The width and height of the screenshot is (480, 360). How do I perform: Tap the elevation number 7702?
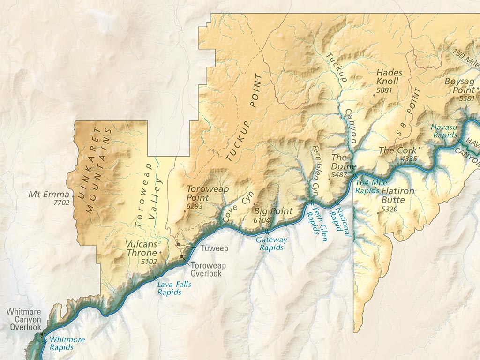coord(61,203)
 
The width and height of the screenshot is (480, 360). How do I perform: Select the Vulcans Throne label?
coord(141,249)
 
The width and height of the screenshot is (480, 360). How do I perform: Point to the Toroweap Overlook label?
coord(208,270)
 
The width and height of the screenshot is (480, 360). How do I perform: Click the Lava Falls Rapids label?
coord(170,288)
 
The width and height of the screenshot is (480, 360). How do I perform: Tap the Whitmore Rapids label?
coord(67,343)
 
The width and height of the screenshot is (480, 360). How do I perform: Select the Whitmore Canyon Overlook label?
coord(23,319)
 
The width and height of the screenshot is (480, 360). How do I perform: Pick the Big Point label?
coord(273,211)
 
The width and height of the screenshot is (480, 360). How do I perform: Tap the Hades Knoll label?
coord(388,77)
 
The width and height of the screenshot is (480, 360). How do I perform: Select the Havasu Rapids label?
coord(444,131)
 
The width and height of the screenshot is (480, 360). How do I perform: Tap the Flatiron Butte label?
coord(398,195)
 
